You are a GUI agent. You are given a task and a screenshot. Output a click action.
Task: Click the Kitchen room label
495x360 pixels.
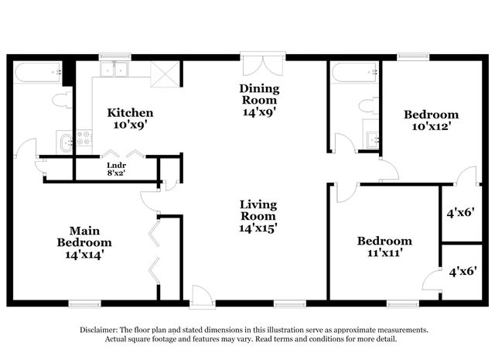point(130,118)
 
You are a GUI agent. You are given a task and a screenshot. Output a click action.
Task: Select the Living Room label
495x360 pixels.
point(258,216)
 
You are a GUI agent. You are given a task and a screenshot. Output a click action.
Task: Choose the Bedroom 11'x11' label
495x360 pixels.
point(384,246)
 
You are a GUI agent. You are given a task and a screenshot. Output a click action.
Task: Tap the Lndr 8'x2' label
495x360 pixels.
point(116,169)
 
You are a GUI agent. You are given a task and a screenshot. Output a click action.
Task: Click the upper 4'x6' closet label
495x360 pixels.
point(463,211)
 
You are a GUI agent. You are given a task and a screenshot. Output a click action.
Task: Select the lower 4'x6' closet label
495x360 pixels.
point(463,271)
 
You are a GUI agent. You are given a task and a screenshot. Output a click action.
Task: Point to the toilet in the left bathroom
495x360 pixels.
point(61,100)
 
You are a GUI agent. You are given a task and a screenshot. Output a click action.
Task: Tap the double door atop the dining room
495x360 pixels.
point(263,63)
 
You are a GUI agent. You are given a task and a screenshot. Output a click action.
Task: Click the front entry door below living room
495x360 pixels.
point(203,296)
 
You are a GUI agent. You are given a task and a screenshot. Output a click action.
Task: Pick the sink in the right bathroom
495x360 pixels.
point(372,138)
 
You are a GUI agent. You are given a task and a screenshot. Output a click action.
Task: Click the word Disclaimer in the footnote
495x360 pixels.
point(101,330)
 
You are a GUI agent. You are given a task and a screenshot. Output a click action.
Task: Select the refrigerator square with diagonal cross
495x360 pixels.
point(165,74)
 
